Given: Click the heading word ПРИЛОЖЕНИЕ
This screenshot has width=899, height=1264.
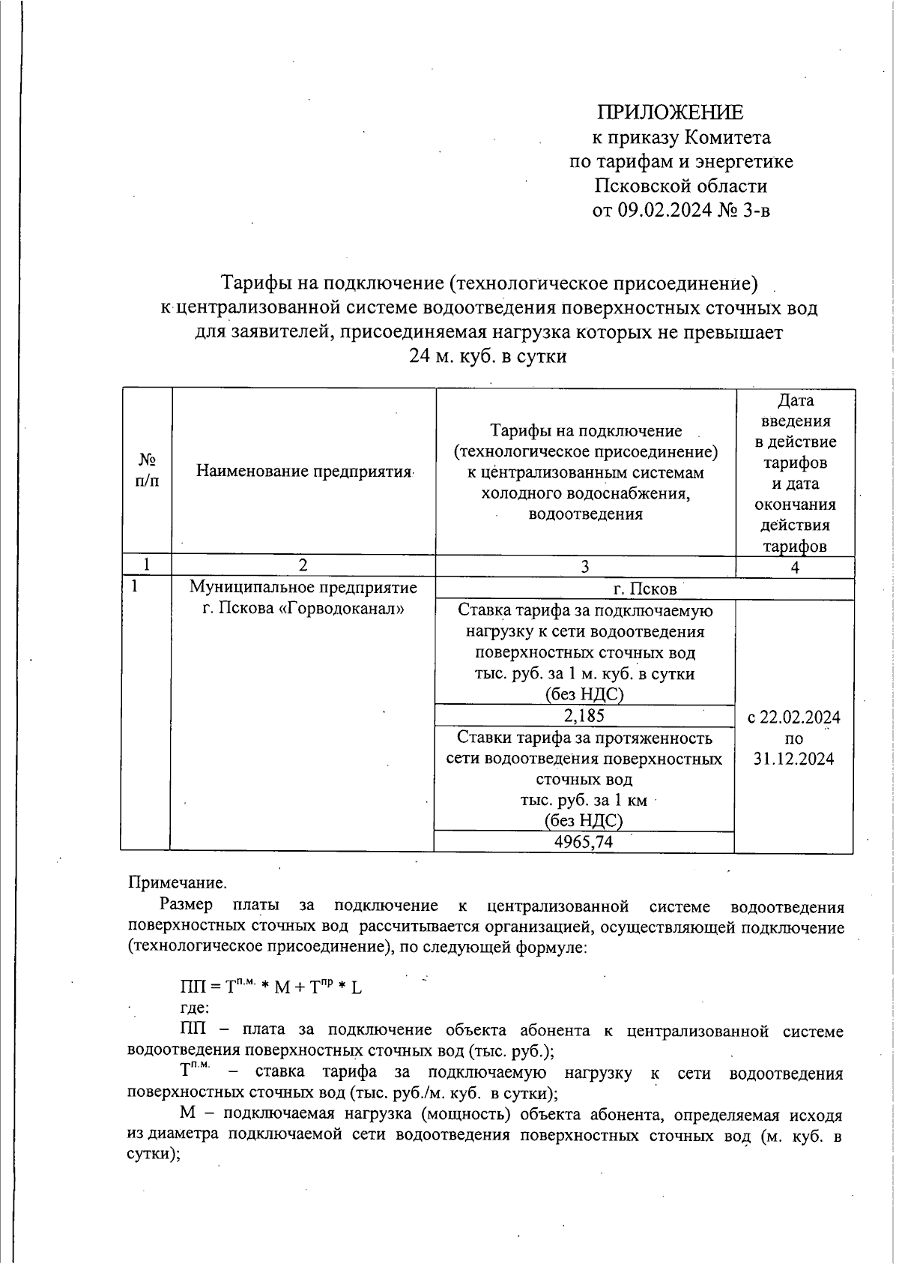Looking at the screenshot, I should pyautogui.click(x=670, y=112).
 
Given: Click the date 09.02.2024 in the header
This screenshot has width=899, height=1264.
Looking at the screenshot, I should pyautogui.click(x=665, y=210).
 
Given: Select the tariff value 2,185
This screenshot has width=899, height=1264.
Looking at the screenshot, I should pyautogui.click(x=584, y=716).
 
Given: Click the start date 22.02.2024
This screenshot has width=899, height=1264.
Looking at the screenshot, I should pyautogui.click(x=800, y=717).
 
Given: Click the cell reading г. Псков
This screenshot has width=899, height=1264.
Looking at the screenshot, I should pyautogui.click(x=644, y=589).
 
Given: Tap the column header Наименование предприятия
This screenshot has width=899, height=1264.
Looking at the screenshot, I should pyautogui.click(x=304, y=471).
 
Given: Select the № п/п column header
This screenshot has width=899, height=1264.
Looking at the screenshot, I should pyautogui.click(x=147, y=470).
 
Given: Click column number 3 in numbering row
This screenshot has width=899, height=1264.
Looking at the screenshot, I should pyautogui.click(x=585, y=567).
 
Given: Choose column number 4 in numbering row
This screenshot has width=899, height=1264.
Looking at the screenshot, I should pyautogui.click(x=795, y=567).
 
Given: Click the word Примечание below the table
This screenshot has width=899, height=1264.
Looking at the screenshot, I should pyautogui.click(x=177, y=882).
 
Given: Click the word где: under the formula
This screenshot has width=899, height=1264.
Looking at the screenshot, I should pyautogui.click(x=195, y=1008).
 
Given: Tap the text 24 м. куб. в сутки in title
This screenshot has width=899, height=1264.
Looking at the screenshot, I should pyautogui.click(x=487, y=356).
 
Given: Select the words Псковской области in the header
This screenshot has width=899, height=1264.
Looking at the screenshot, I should pyautogui.click(x=681, y=186).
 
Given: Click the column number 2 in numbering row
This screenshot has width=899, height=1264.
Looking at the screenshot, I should pyautogui.click(x=303, y=565).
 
